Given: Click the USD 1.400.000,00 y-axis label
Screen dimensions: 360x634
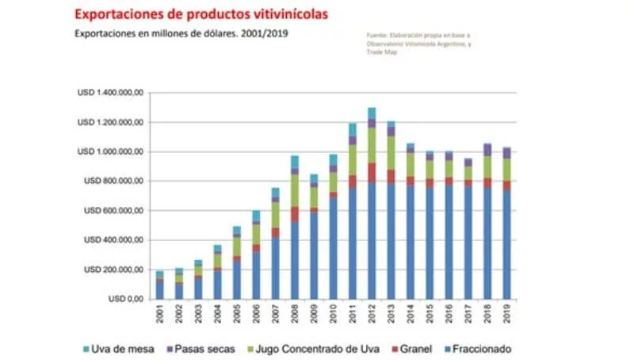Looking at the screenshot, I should [x=109, y=93].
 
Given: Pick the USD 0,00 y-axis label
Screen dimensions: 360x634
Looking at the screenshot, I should [x=126, y=300].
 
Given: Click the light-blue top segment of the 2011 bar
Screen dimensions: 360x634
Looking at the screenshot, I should [x=353, y=129].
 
